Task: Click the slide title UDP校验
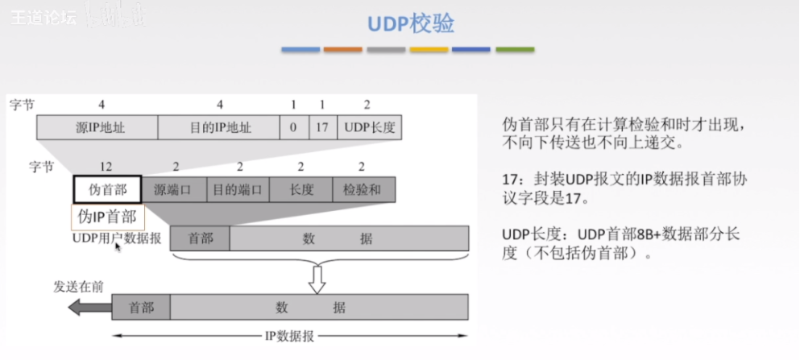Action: (411, 24)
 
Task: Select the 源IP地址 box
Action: (97, 127)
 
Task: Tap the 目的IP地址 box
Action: (219, 127)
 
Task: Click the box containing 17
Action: (322, 127)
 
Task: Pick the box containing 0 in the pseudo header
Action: (294, 127)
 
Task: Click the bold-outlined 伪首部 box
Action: (107, 189)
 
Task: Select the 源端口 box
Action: (173, 189)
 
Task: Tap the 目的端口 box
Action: (238, 189)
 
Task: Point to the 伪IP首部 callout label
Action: (108, 216)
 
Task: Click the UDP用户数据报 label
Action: (116, 238)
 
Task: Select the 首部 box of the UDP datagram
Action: (200, 238)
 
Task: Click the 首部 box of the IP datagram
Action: (141, 307)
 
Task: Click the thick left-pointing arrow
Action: (88, 306)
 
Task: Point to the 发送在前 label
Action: (78, 286)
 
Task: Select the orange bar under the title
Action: (343, 50)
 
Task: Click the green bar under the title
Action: (515, 50)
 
